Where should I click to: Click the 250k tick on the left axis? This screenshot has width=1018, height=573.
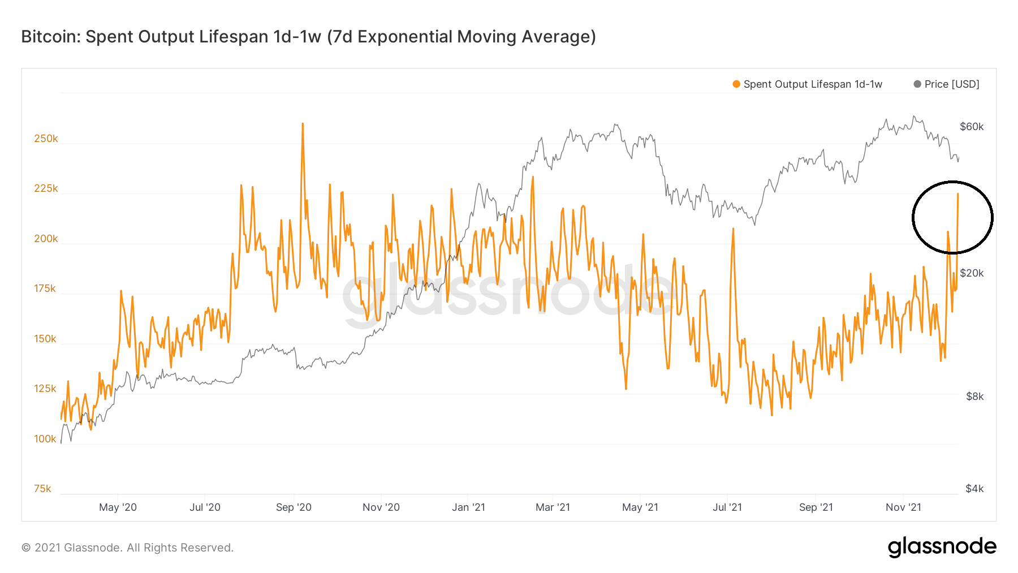pyautogui.click(x=46, y=139)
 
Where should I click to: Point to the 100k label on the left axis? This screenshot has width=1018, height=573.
pyautogui.click(x=45, y=439)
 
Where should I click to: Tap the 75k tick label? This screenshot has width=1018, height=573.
pyautogui.click(x=42, y=489)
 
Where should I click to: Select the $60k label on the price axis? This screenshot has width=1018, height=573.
pyautogui.click(x=972, y=127)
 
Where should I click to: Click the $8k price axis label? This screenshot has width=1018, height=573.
pyautogui.click(x=974, y=397)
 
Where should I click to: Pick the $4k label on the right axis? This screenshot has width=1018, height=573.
pyautogui.click(x=974, y=489)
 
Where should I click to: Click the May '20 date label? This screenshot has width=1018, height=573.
pyautogui.click(x=118, y=507)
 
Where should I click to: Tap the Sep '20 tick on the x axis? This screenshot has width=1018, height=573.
pyautogui.click(x=294, y=507)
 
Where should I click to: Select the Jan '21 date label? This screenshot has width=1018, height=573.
pyautogui.click(x=468, y=507)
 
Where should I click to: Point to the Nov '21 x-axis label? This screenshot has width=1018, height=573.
pyautogui.click(x=903, y=507)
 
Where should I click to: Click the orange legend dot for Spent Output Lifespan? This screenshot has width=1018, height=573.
pyautogui.click(x=736, y=84)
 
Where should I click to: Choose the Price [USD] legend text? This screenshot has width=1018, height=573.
pyautogui.click(x=952, y=84)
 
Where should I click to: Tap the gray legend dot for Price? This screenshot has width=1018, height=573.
pyautogui.click(x=917, y=84)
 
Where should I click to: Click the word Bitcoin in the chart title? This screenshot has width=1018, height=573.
pyautogui.click(x=51, y=37)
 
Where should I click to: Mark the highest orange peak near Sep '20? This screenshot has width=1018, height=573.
pyautogui.click(x=303, y=124)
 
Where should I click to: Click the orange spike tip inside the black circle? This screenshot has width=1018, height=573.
pyautogui.click(x=957, y=194)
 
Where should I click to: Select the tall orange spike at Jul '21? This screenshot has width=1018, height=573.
pyautogui.click(x=733, y=229)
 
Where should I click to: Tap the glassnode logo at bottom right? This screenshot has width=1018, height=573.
pyautogui.click(x=942, y=547)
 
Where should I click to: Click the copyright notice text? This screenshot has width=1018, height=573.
pyautogui.click(x=127, y=548)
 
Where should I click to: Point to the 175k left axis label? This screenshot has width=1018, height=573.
pyautogui.click(x=45, y=288)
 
